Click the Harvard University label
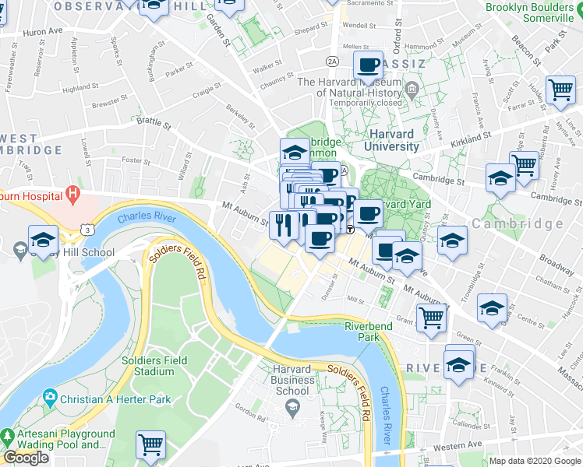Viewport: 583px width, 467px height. pyautogui.click(x=393, y=139)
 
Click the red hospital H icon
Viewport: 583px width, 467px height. pyautogui.click(x=72, y=192)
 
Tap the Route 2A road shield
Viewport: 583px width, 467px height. pyautogui.click(x=333, y=61)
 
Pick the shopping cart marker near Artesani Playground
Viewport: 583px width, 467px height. pyautogui.click(x=150, y=445)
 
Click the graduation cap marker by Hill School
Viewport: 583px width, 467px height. pyautogui.click(x=43, y=239)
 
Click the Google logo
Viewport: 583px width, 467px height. pyautogui.click(x=26, y=458)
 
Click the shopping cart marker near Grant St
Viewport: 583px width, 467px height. pyautogui.click(x=431, y=317)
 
